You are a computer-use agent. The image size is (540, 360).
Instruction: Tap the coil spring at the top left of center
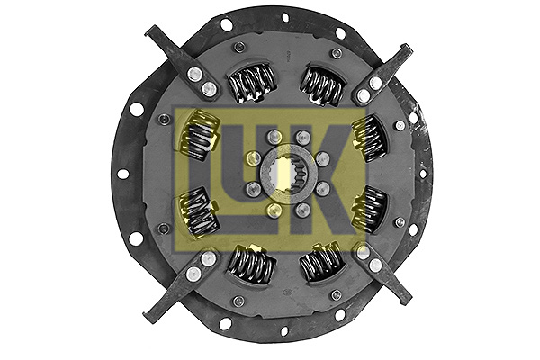(x=251, y=83)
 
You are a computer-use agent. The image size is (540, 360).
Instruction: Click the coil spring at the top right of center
(x=321, y=85)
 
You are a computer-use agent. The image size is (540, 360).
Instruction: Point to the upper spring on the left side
(x=201, y=137)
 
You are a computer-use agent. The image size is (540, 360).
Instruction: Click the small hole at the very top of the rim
(x=285, y=17)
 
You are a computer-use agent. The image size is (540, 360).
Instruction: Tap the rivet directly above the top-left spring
(x=238, y=48)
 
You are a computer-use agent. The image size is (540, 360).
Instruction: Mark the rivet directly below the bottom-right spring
(x=336, y=294)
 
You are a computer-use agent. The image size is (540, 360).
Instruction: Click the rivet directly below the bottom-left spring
(x=238, y=301)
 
